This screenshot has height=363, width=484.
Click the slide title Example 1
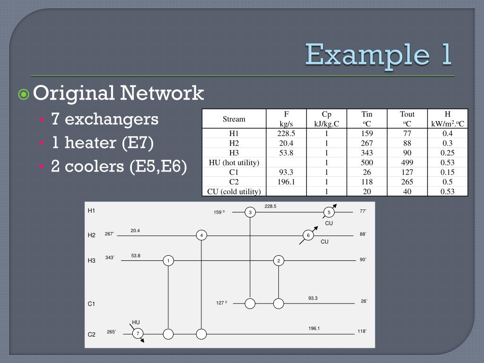coord(378,54)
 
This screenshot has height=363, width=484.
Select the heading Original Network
coord(118,93)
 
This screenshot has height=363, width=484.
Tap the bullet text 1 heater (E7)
coord(103,142)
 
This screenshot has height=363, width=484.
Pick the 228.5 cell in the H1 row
coord(286,134)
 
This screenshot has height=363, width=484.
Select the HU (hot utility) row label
coord(234,163)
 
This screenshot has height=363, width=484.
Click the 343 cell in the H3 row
coord(367,153)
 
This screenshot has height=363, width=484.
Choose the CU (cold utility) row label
coord(234,191)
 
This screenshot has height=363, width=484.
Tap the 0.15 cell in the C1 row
coord(448,172)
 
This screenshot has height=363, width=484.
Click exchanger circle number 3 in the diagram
coord(250,213)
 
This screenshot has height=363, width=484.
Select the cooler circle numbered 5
coord(329,212)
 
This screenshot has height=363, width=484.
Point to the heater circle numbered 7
coord(137,334)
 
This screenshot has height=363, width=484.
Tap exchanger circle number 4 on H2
coord(201,235)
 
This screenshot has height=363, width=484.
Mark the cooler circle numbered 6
coord(308,235)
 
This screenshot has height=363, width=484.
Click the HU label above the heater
coord(136,322)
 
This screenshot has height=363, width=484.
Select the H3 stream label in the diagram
coord(92,260)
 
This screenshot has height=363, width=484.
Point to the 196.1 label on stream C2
coord(314,328)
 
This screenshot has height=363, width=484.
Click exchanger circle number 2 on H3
coord(279,260)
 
